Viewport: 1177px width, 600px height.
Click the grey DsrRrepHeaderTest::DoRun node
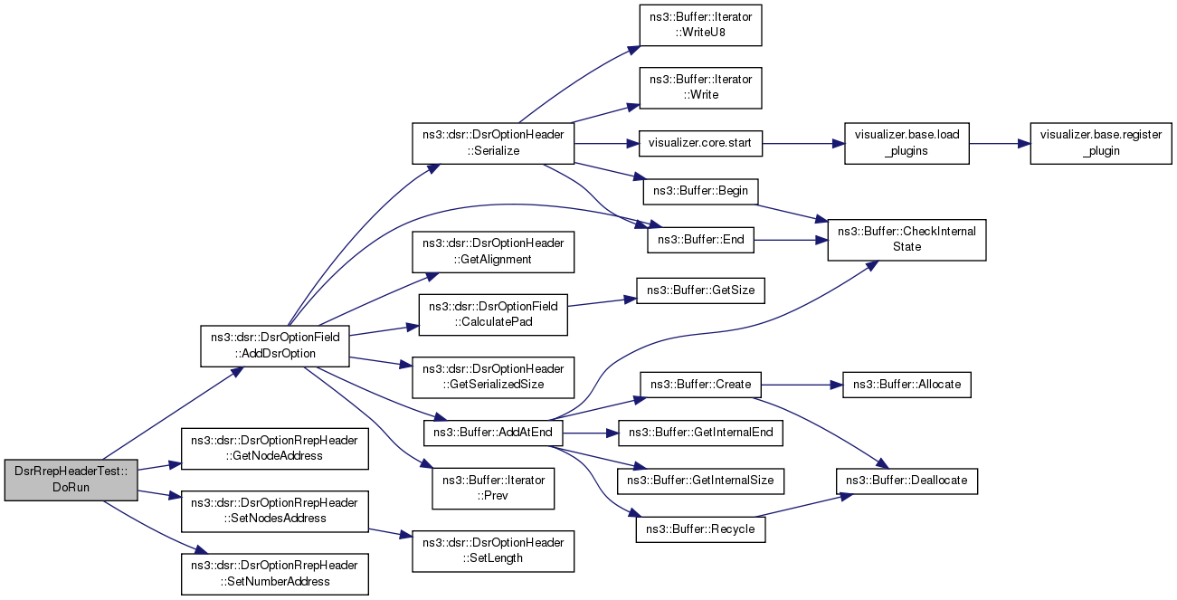click(71, 480)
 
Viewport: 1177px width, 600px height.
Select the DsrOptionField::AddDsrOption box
click(275, 345)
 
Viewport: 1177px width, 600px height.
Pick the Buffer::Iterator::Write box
click(699, 88)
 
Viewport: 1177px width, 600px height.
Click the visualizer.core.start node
click(701, 143)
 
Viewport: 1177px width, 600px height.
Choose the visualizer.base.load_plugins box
click(906, 143)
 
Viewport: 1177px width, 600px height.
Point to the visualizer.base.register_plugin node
click(1101, 143)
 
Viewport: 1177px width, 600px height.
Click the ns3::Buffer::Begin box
click(700, 192)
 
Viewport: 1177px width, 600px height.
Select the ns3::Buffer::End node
click(700, 239)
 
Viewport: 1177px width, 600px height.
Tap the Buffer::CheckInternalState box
click(906, 239)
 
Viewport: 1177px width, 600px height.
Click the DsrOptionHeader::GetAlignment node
click(493, 251)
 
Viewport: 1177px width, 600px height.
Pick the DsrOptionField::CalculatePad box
click(493, 314)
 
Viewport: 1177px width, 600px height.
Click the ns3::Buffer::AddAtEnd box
click(493, 433)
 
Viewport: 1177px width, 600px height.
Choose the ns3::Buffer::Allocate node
click(906, 385)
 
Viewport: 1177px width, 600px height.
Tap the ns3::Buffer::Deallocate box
click(906, 481)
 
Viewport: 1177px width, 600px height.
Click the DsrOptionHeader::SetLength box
click(493, 549)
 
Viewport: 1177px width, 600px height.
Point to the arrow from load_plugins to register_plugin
click(999, 143)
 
